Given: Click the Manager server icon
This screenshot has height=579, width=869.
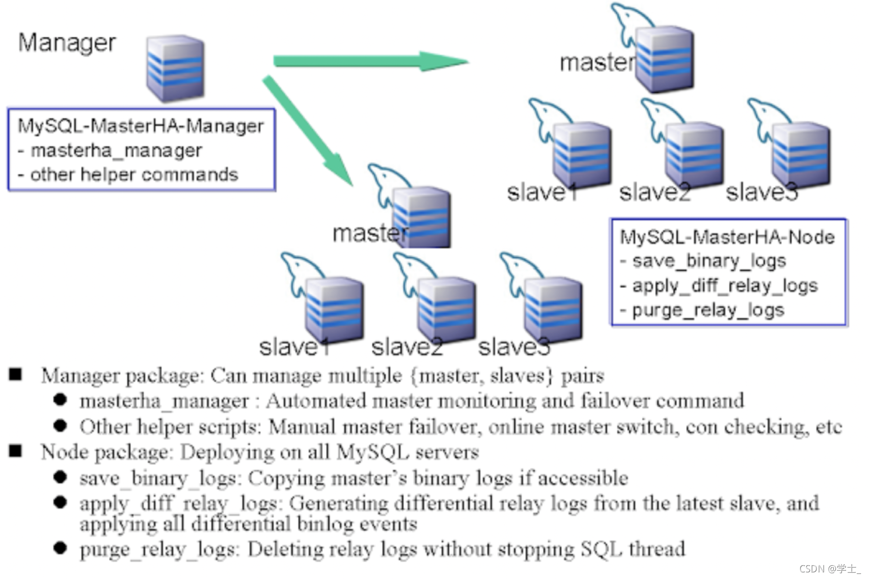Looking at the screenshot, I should pos(175,68).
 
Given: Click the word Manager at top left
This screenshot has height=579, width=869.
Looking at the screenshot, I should pos(67,43).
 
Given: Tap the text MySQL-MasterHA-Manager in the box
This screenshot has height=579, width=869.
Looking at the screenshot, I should pos(141,126).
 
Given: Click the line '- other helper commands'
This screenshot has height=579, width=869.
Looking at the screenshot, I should pos(128,175).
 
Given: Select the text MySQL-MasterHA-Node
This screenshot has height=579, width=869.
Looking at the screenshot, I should pos(727,237).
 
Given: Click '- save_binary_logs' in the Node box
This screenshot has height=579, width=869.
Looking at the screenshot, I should pos(703,261).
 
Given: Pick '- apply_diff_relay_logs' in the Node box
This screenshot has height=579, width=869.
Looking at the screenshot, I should pos(719,285).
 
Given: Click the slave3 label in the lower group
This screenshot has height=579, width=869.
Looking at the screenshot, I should pos(514,347).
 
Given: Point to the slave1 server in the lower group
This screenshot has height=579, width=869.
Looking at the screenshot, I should pos(334,308).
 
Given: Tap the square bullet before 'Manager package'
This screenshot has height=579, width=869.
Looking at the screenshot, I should pos(16,375).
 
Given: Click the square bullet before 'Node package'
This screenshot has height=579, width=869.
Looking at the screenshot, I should pos(16,451).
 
